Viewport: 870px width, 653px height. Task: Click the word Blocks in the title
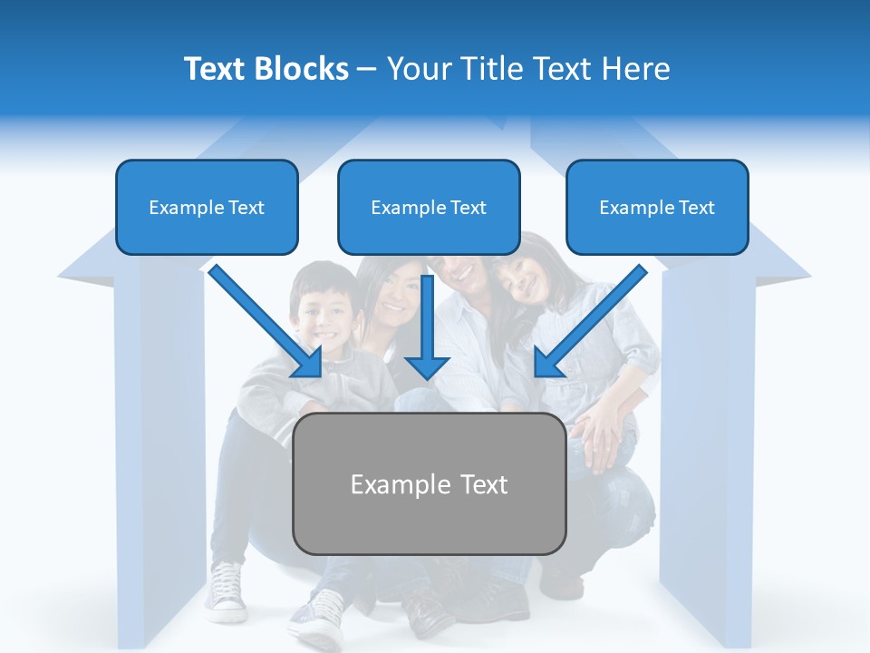(x=303, y=69)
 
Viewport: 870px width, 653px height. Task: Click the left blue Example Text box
(x=207, y=207)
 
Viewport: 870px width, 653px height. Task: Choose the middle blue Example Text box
(x=429, y=207)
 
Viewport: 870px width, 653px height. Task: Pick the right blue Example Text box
(x=657, y=207)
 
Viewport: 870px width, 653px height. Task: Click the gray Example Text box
(x=429, y=483)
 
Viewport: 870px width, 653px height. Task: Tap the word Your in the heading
(x=418, y=69)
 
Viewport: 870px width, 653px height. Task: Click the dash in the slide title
(x=367, y=70)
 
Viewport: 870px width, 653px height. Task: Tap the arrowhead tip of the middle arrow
(x=427, y=376)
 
